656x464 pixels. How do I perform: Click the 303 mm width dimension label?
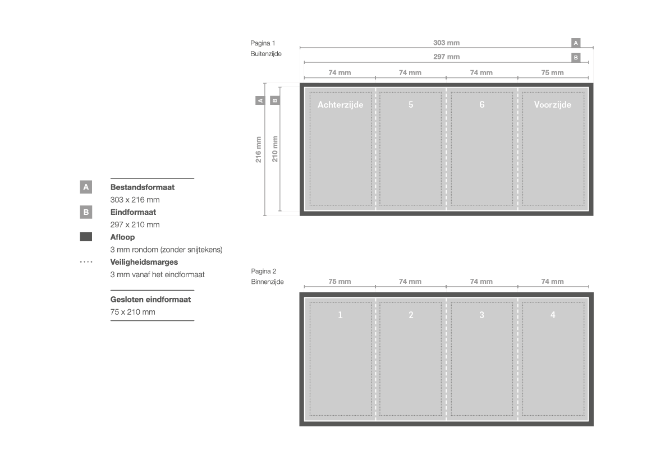pos(446,43)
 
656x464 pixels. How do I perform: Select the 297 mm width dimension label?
pos(446,57)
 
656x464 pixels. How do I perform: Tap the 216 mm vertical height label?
pos(259,149)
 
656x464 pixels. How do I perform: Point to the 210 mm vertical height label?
pos(275,149)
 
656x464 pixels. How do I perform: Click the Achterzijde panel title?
pos(340,104)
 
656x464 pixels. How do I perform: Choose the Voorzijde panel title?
pos(553,104)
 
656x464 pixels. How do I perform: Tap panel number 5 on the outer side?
pos(411,104)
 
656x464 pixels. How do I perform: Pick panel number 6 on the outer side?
pos(482,104)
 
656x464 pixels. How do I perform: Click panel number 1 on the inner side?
pos(340,315)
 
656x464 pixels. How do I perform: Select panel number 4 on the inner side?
pos(553,315)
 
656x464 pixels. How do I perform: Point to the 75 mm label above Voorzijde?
pos(552,73)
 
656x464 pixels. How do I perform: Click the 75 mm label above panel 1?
pos(340,282)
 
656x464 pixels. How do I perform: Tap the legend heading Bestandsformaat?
pos(142,187)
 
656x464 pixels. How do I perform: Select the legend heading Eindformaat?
pos(133,212)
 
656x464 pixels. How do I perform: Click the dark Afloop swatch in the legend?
pos(86,237)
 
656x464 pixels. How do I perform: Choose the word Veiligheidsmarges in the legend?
pos(144,263)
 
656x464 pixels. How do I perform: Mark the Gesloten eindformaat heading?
pos(150,300)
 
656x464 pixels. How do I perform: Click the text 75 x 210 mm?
pos(132,312)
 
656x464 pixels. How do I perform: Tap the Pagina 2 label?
pos(264,271)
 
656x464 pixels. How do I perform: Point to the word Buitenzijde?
pos(266,54)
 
